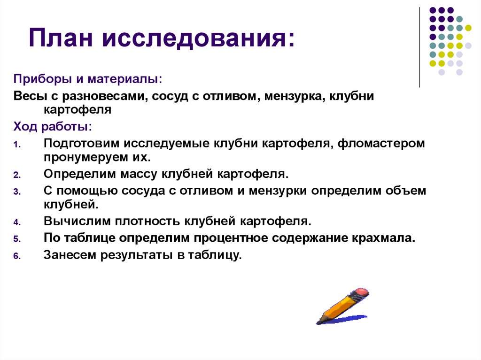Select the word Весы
tap(29, 97)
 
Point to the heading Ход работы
tap(53, 127)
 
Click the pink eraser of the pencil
tap(362, 293)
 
